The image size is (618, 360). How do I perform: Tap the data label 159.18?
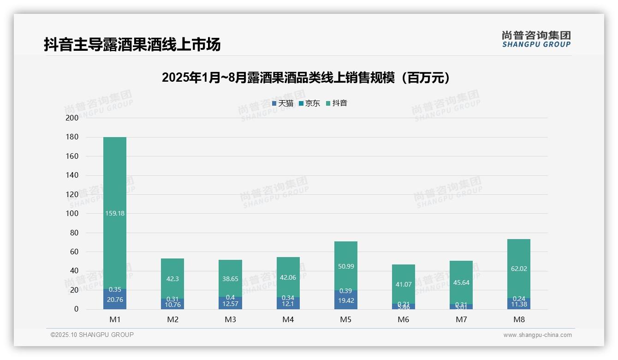tap(115, 213)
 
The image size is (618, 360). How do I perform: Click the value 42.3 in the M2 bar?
tap(172, 279)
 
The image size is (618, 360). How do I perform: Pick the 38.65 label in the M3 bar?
tap(230, 279)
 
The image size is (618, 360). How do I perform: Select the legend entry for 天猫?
tap(283, 103)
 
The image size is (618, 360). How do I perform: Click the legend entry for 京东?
tap(309, 103)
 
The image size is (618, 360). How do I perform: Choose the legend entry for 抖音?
tap(337, 103)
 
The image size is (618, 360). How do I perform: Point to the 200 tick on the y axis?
tap(72, 118)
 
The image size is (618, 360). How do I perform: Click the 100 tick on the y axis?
tap(72, 214)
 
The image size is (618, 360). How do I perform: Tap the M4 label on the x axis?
tap(288, 319)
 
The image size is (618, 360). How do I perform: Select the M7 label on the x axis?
tap(461, 319)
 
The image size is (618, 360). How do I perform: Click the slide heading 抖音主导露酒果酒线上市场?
tap(132, 44)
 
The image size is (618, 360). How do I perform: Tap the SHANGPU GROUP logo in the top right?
tap(536, 39)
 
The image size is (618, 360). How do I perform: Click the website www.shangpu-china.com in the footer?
tap(537, 335)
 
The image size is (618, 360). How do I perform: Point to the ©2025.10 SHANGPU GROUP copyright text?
tap(92, 335)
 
